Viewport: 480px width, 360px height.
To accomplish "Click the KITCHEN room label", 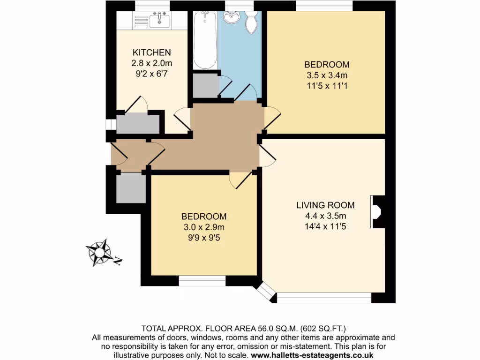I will click(151, 52).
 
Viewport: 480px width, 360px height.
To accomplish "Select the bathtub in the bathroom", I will click(205, 40).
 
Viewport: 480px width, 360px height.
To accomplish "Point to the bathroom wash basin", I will click(231, 18).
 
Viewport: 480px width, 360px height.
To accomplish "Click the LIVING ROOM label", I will click(325, 205).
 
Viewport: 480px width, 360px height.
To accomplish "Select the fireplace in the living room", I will click(377, 211).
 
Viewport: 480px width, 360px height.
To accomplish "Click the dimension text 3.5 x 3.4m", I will click(327, 75).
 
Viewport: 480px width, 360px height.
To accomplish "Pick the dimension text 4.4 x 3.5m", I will click(325, 216).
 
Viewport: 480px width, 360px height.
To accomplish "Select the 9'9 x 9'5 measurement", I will click(204, 238).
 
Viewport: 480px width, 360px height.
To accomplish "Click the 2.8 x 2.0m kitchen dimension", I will click(151, 63).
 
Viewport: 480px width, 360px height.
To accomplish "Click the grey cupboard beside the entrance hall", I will click(130, 187).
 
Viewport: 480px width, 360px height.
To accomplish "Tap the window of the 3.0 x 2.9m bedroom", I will click(202, 281).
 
